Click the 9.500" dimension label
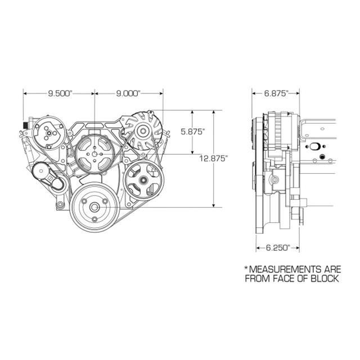pyautogui.click(x=60, y=93)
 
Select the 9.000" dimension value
pyautogui.click(x=128, y=93)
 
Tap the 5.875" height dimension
pyautogui.click(x=192, y=132)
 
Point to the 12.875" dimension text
pyautogui.click(x=214, y=159)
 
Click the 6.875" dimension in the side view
pyautogui.click(x=276, y=93)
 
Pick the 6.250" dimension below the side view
pyautogui.click(x=278, y=247)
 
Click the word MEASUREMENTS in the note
pyautogui.click(x=285, y=269)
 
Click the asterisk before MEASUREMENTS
pyautogui.click(x=246, y=268)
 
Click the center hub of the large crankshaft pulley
pyautogui.click(x=94, y=208)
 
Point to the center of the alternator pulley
pyautogui.click(x=143, y=131)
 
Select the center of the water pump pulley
pyautogui.click(x=94, y=154)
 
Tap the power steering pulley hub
pyautogui.click(x=143, y=180)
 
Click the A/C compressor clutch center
pyautogui.click(x=49, y=133)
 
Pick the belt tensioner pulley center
pyautogui.click(x=41, y=171)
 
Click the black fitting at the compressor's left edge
pyautogui.click(x=25, y=125)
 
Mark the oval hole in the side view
pyautogui.click(x=314, y=146)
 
